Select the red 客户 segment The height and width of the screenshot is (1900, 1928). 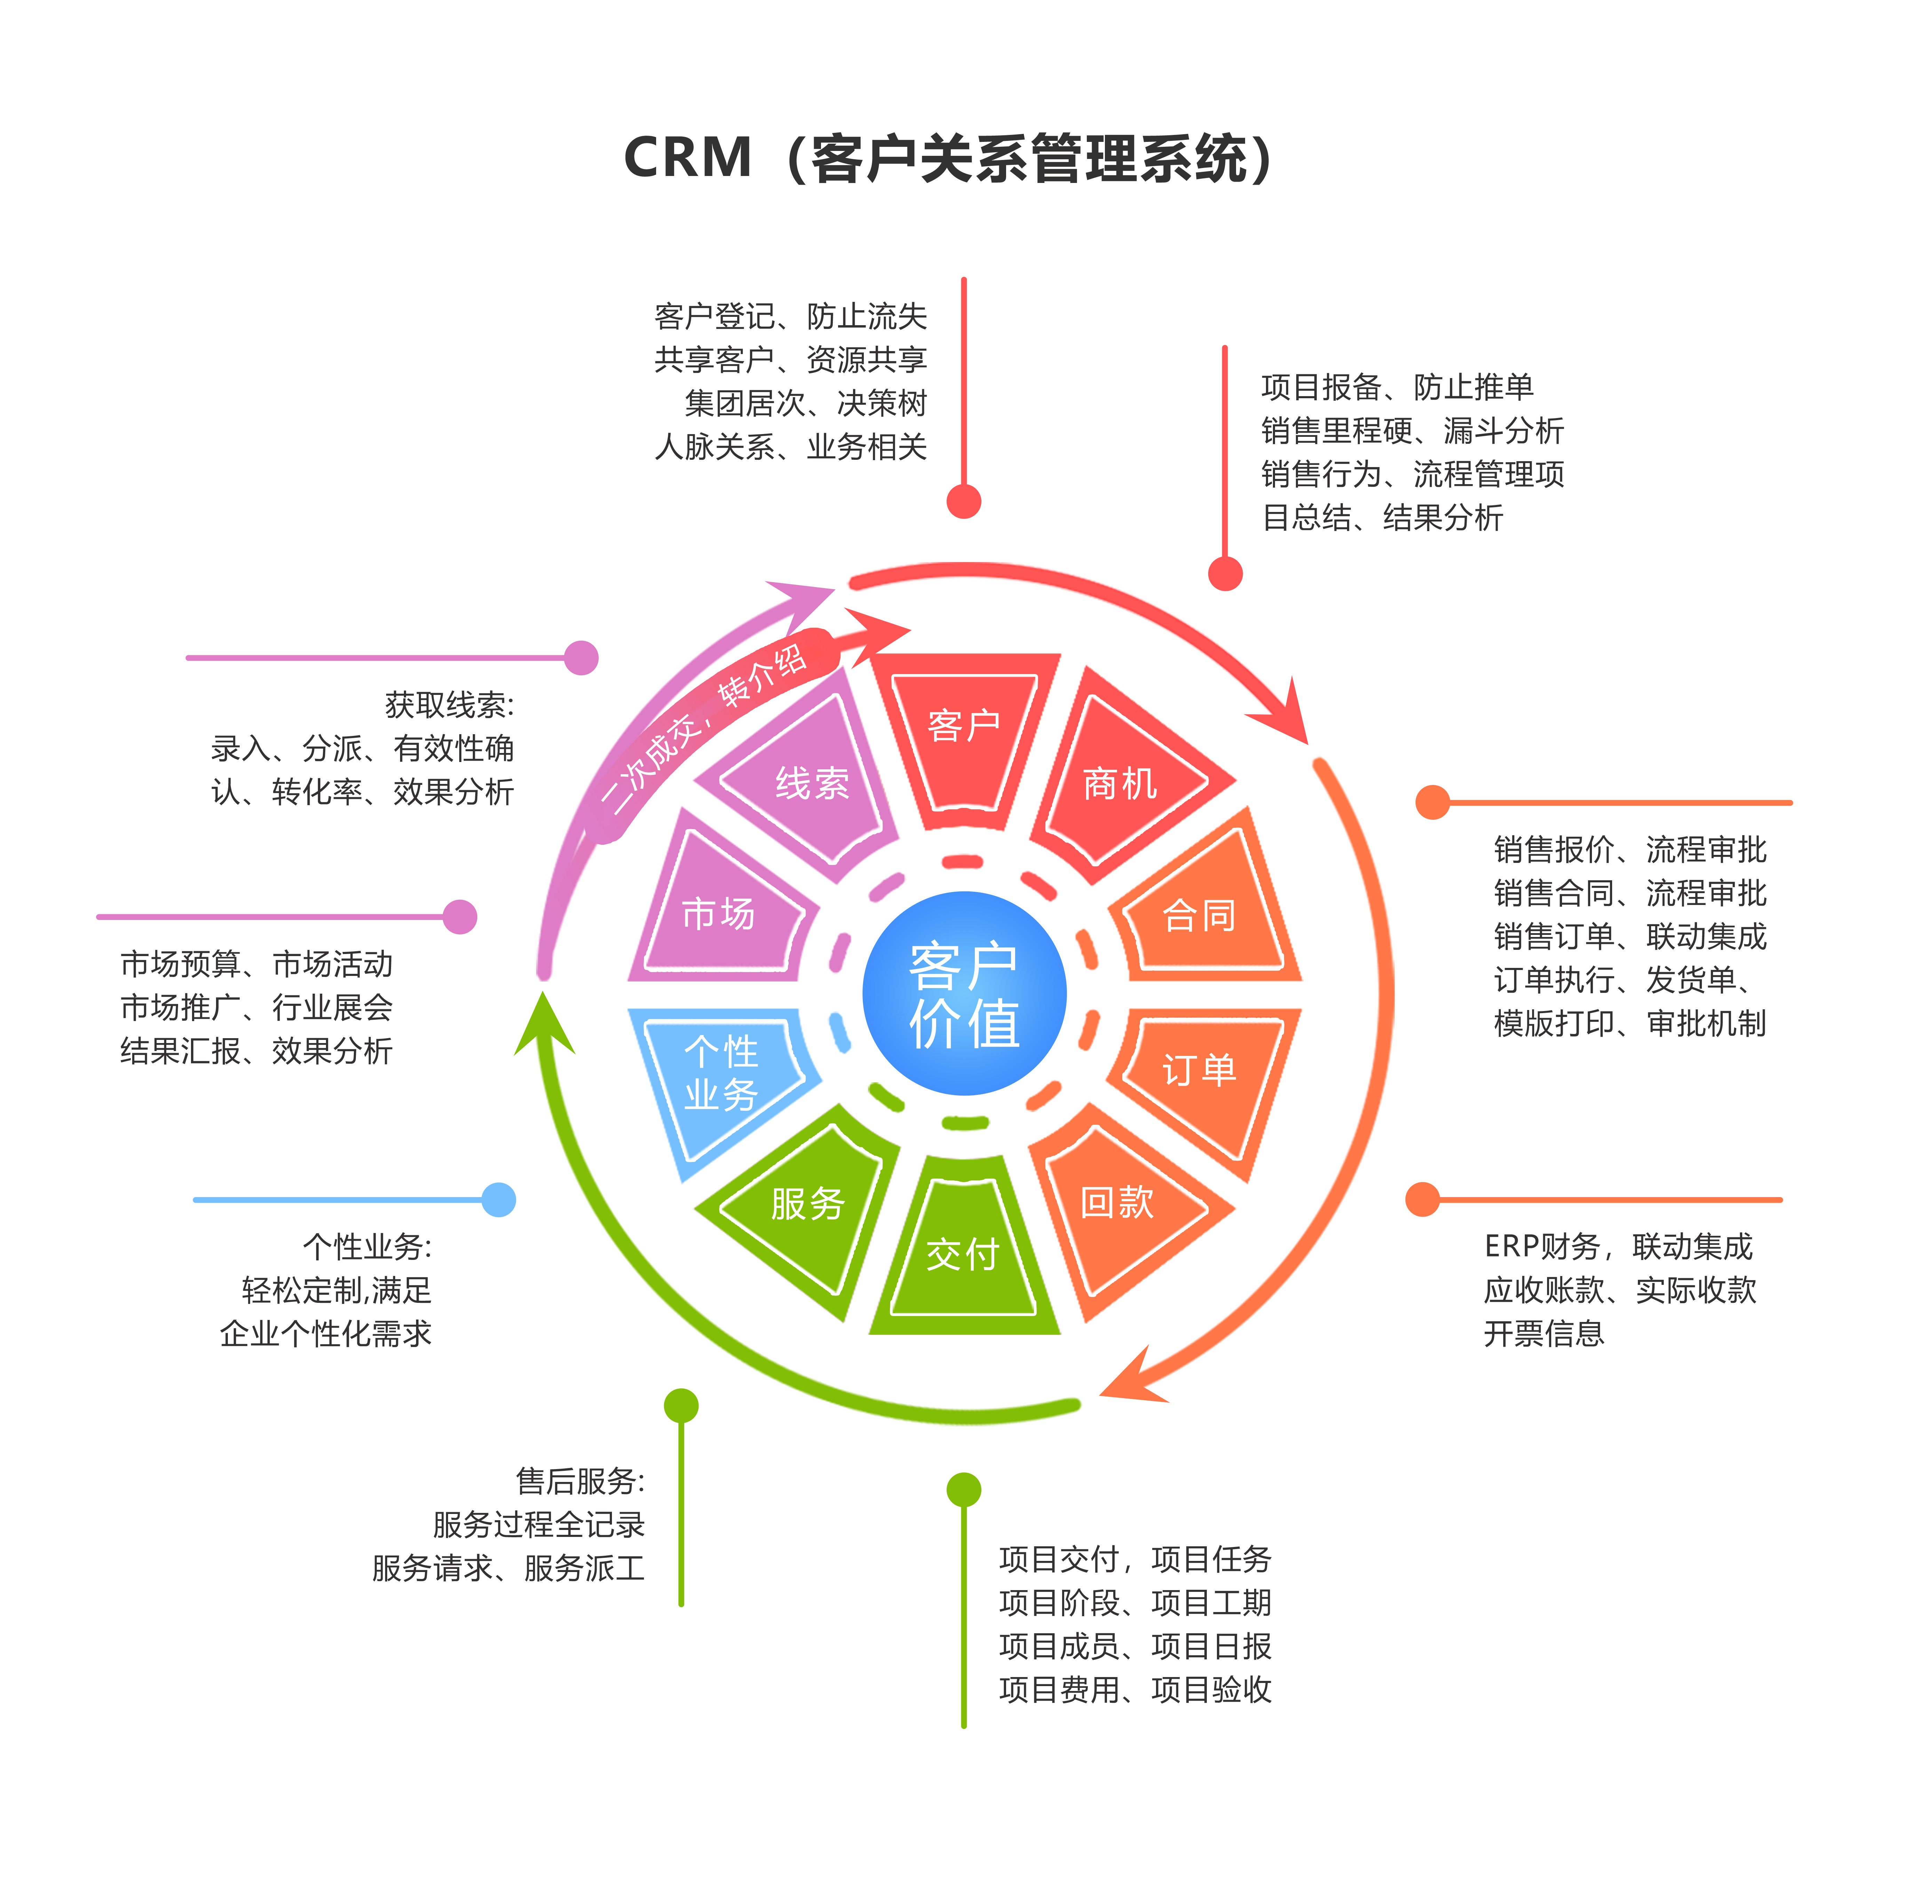(x=964, y=733)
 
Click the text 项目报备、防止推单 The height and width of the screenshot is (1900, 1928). (x=1397, y=386)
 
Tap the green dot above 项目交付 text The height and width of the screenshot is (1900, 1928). (x=964, y=1490)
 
